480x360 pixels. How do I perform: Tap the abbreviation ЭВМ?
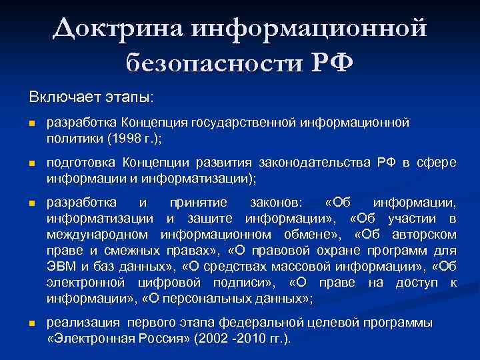point(61,266)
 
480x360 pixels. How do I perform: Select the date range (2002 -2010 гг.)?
point(242,339)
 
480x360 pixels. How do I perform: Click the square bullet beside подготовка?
point(31,164)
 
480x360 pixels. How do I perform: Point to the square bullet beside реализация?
point(31,323)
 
